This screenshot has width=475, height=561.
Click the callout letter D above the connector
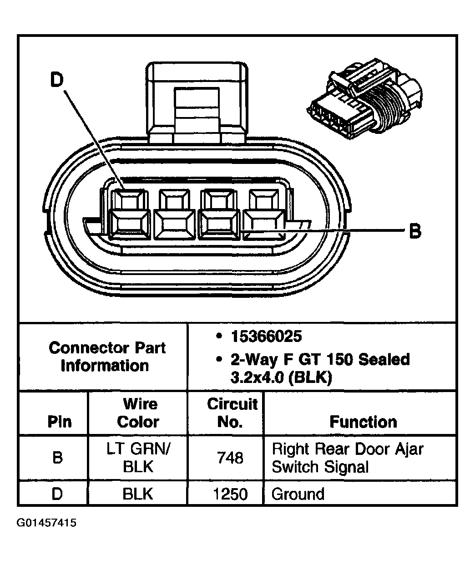click(x=57, y=80)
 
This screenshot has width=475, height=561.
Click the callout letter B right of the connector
click(x=415, y=231)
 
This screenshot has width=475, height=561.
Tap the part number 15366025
click(x=266, y=337)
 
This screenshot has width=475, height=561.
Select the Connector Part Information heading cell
click(x=106, y=357)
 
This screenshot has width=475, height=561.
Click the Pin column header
click(x=60, y=422)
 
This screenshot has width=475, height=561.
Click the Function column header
click(x=363, y=422)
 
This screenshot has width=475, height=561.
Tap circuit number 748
click(x=231, y=458)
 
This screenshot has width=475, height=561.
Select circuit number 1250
click(x=231, y=494)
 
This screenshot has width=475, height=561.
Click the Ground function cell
click(x=298, y=494)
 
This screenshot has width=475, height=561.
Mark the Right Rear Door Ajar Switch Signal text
click(x=348, y=458)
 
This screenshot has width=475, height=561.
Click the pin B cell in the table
click(x=57, y=458)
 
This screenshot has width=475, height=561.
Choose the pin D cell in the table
click(x=57, y=494)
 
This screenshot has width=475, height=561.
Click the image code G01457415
click(x=46, y=523)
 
